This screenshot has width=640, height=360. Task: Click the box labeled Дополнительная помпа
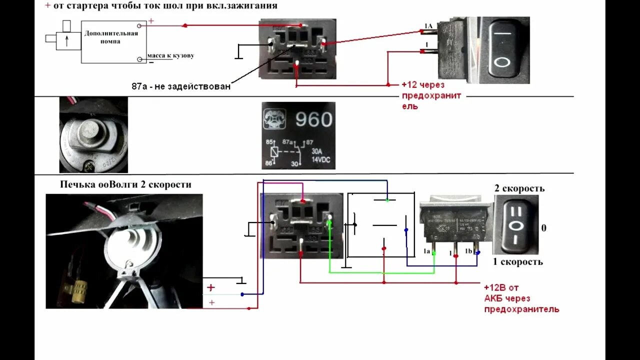[x=110, y=41]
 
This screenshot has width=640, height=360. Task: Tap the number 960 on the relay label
[x=313, y=119]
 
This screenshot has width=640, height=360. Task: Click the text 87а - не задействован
[x=181, y=86]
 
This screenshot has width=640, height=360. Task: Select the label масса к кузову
[x=170, y=55]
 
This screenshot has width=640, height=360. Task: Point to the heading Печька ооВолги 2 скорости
[x=125, y=184]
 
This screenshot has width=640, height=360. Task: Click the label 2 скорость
[x=519, y=188]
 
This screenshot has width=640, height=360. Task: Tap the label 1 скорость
[x=518, y=261]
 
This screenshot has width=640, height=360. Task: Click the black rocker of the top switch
[x=503, y=48]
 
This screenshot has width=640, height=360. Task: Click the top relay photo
[x=297, y=49]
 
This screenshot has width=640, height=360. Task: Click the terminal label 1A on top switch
[x=428, y=25]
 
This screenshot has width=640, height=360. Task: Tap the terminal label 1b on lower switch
[x=469, y=251]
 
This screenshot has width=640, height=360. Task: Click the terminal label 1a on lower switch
[x=427, y=251]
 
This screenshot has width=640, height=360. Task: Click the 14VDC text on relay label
[x=321, y=159]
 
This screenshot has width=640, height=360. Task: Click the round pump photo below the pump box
[x=93, y=134]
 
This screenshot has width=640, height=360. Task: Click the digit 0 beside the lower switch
[x=544, y=228]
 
